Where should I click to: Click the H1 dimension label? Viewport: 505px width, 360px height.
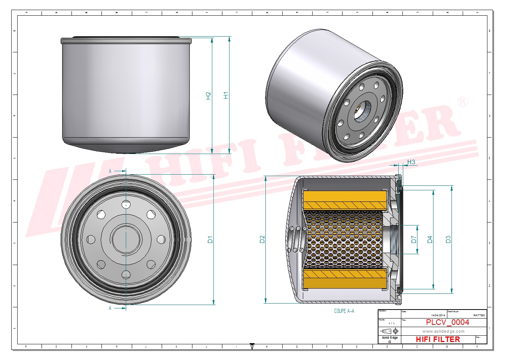pyautogui.click(x=226, y=95)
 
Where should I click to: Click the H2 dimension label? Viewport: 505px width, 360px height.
pyautogui.click(x=209, y=96)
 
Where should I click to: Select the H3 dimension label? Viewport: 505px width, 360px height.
pyautogui.click(x=411, y=162)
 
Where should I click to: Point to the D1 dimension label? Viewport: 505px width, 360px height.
pyautogui.click(x=210, y=240)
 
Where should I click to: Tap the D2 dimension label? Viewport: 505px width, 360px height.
pyautogui.click(x=262, y=239)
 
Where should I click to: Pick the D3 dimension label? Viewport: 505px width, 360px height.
pyautogui.click(x=448, y=239)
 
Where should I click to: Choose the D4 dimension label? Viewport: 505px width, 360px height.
pyautogui.click(x=430, y=239)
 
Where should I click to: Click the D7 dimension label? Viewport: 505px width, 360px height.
pyautogui.click(x=414, y=239)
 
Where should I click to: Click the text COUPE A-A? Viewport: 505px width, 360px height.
pyautogui.click(x=344, y=311)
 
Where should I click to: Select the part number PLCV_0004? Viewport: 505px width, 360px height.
pyautogui.click(x=447, y=322)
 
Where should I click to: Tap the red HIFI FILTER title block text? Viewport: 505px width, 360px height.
pyautogui.click(x=438, y=339)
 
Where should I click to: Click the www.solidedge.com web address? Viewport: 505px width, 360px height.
pyautogui.click(x=443, y=331)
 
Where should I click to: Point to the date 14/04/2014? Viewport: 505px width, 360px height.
pyautogui.click(x=438, y=316)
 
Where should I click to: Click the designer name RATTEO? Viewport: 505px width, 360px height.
pyautogui.click(x=479, y=316)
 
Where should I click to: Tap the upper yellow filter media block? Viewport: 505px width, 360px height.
pyautogui.click(x=344, y=200)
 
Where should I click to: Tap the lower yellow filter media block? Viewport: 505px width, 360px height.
pyautogui.click(x=344, y=279)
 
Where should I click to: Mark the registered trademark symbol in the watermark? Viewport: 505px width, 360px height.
pyautogui.click(x=463, y=102)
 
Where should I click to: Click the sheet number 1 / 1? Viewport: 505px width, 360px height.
pyautogui.click(x=391, y=323)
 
